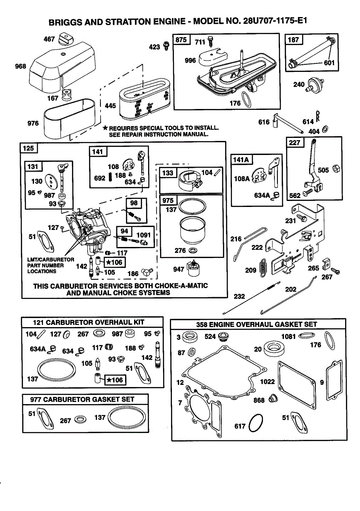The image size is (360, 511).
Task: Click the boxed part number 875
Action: point(181,40)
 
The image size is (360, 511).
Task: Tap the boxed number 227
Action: point(294,143)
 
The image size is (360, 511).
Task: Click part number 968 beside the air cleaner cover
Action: point(20,66)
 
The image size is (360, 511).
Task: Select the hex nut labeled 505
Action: point(335,169)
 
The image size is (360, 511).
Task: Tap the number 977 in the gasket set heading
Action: point(36,399)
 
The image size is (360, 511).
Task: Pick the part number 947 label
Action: point(179,269)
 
